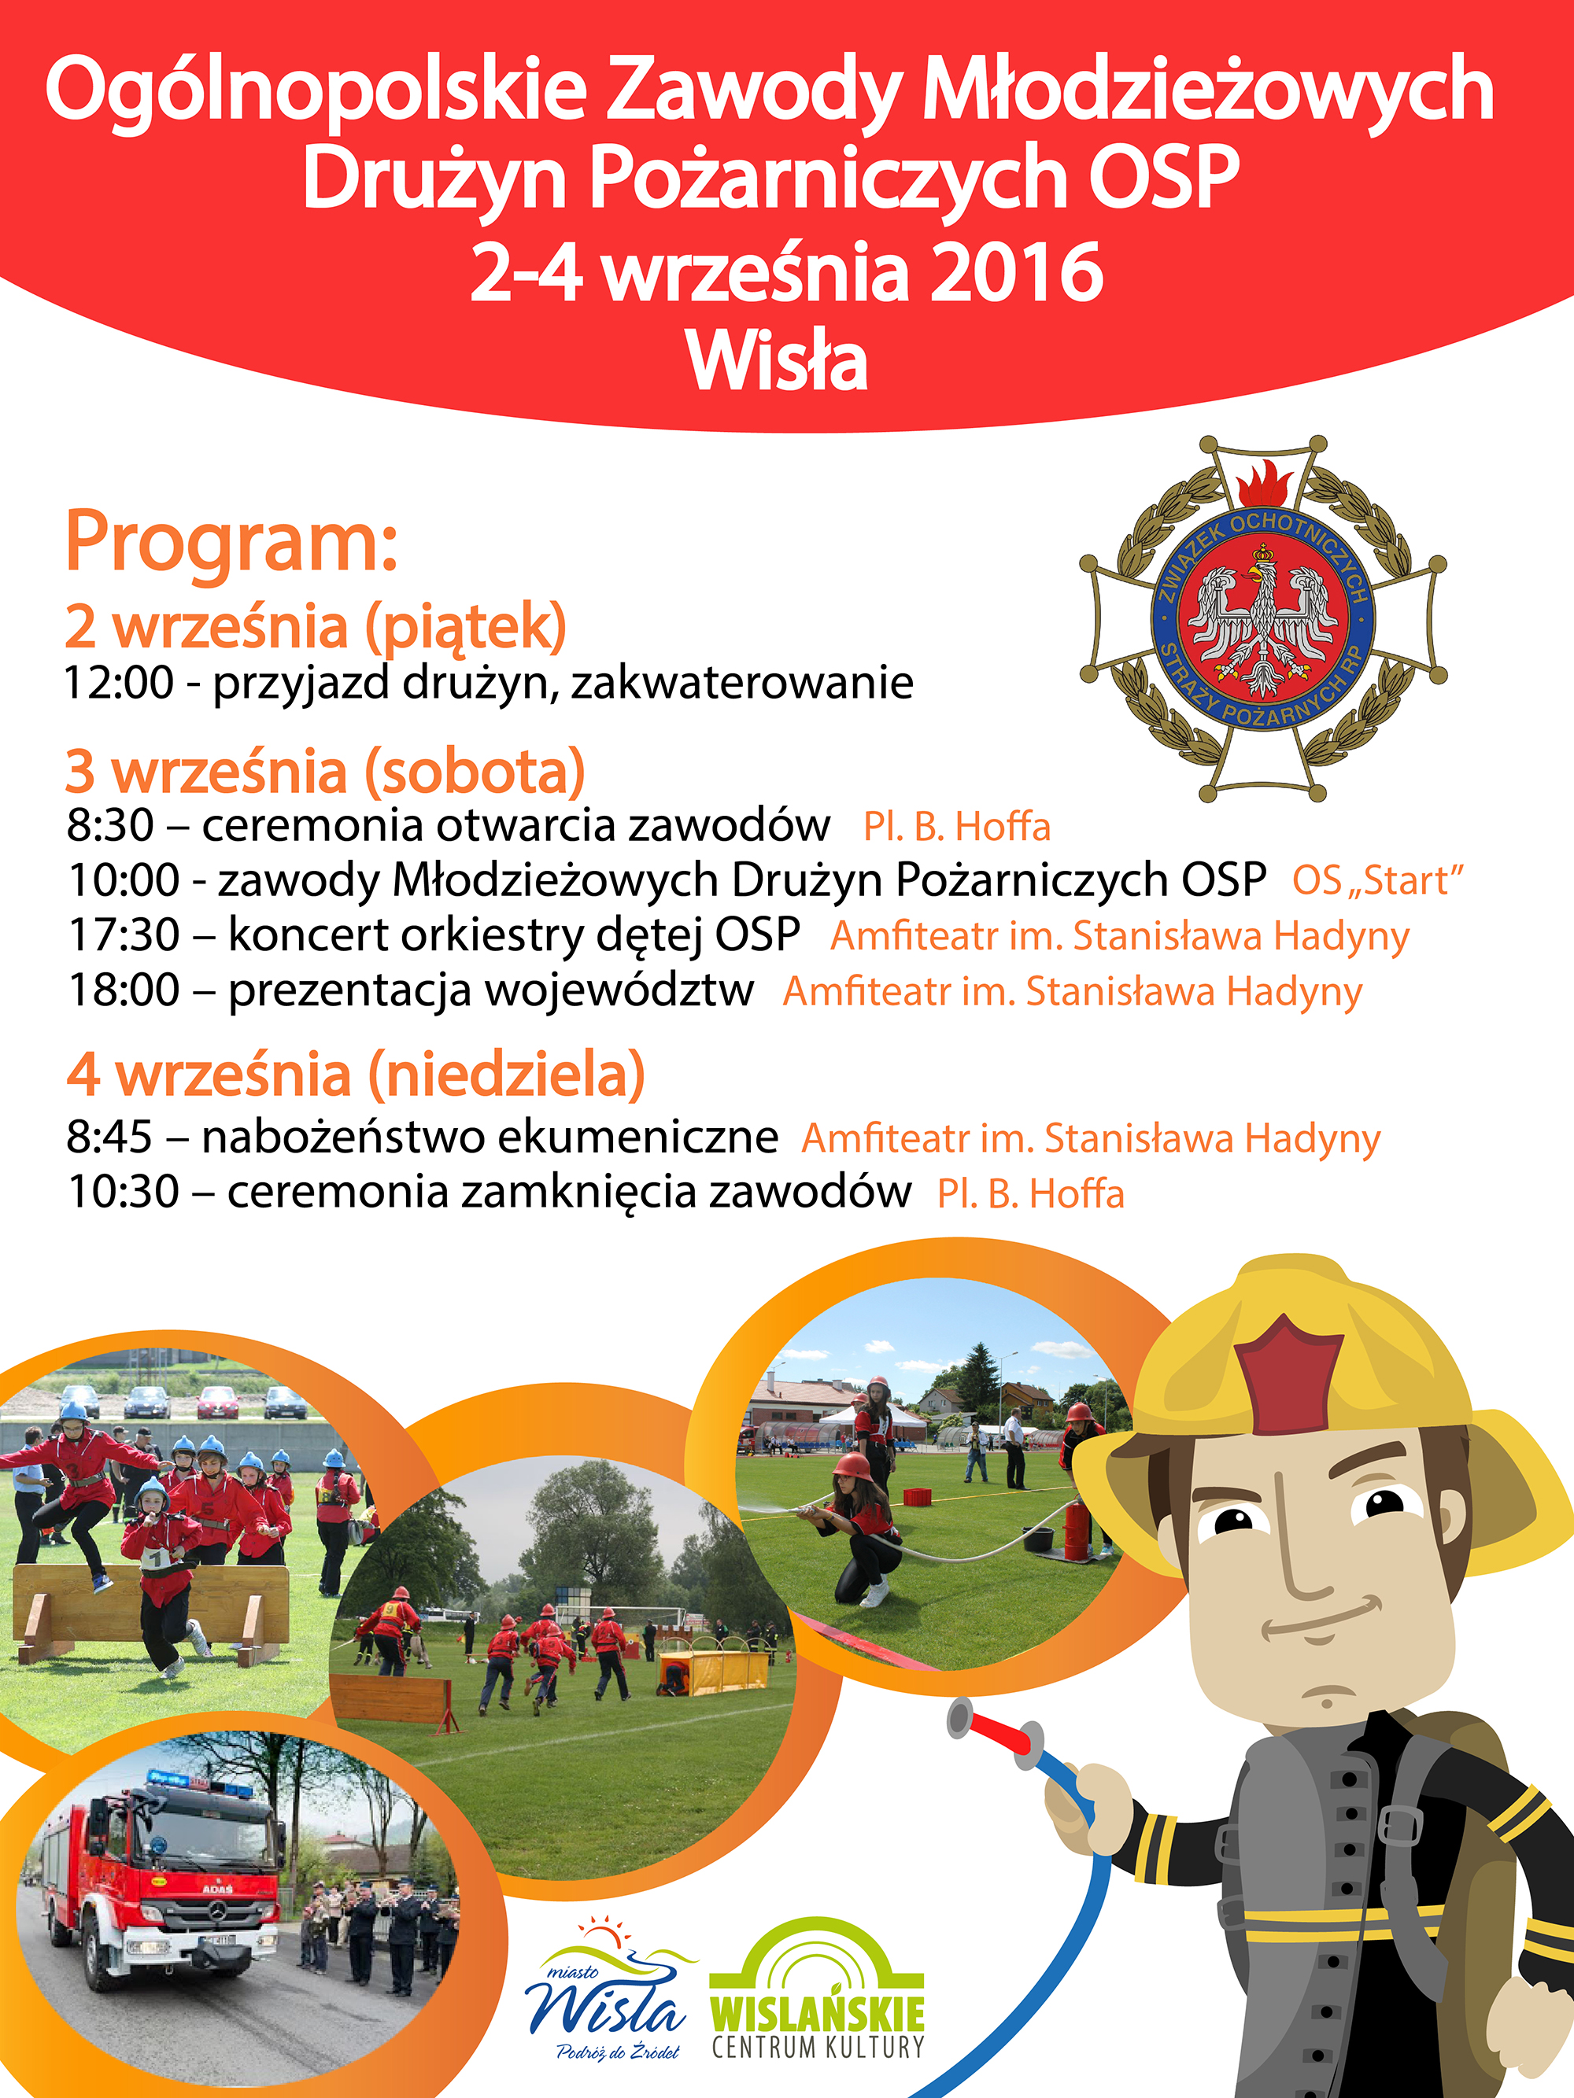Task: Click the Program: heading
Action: [231, 544]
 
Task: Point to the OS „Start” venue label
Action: [1377, 881]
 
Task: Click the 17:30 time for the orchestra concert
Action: [124, 935]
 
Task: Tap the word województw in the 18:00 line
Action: [619, 990]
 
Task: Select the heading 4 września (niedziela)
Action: [356, 1075]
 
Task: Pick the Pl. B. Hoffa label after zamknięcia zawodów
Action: [1030, 1194]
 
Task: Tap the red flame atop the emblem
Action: [1264, 484]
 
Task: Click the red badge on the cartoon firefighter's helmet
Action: [1288, 1374]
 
